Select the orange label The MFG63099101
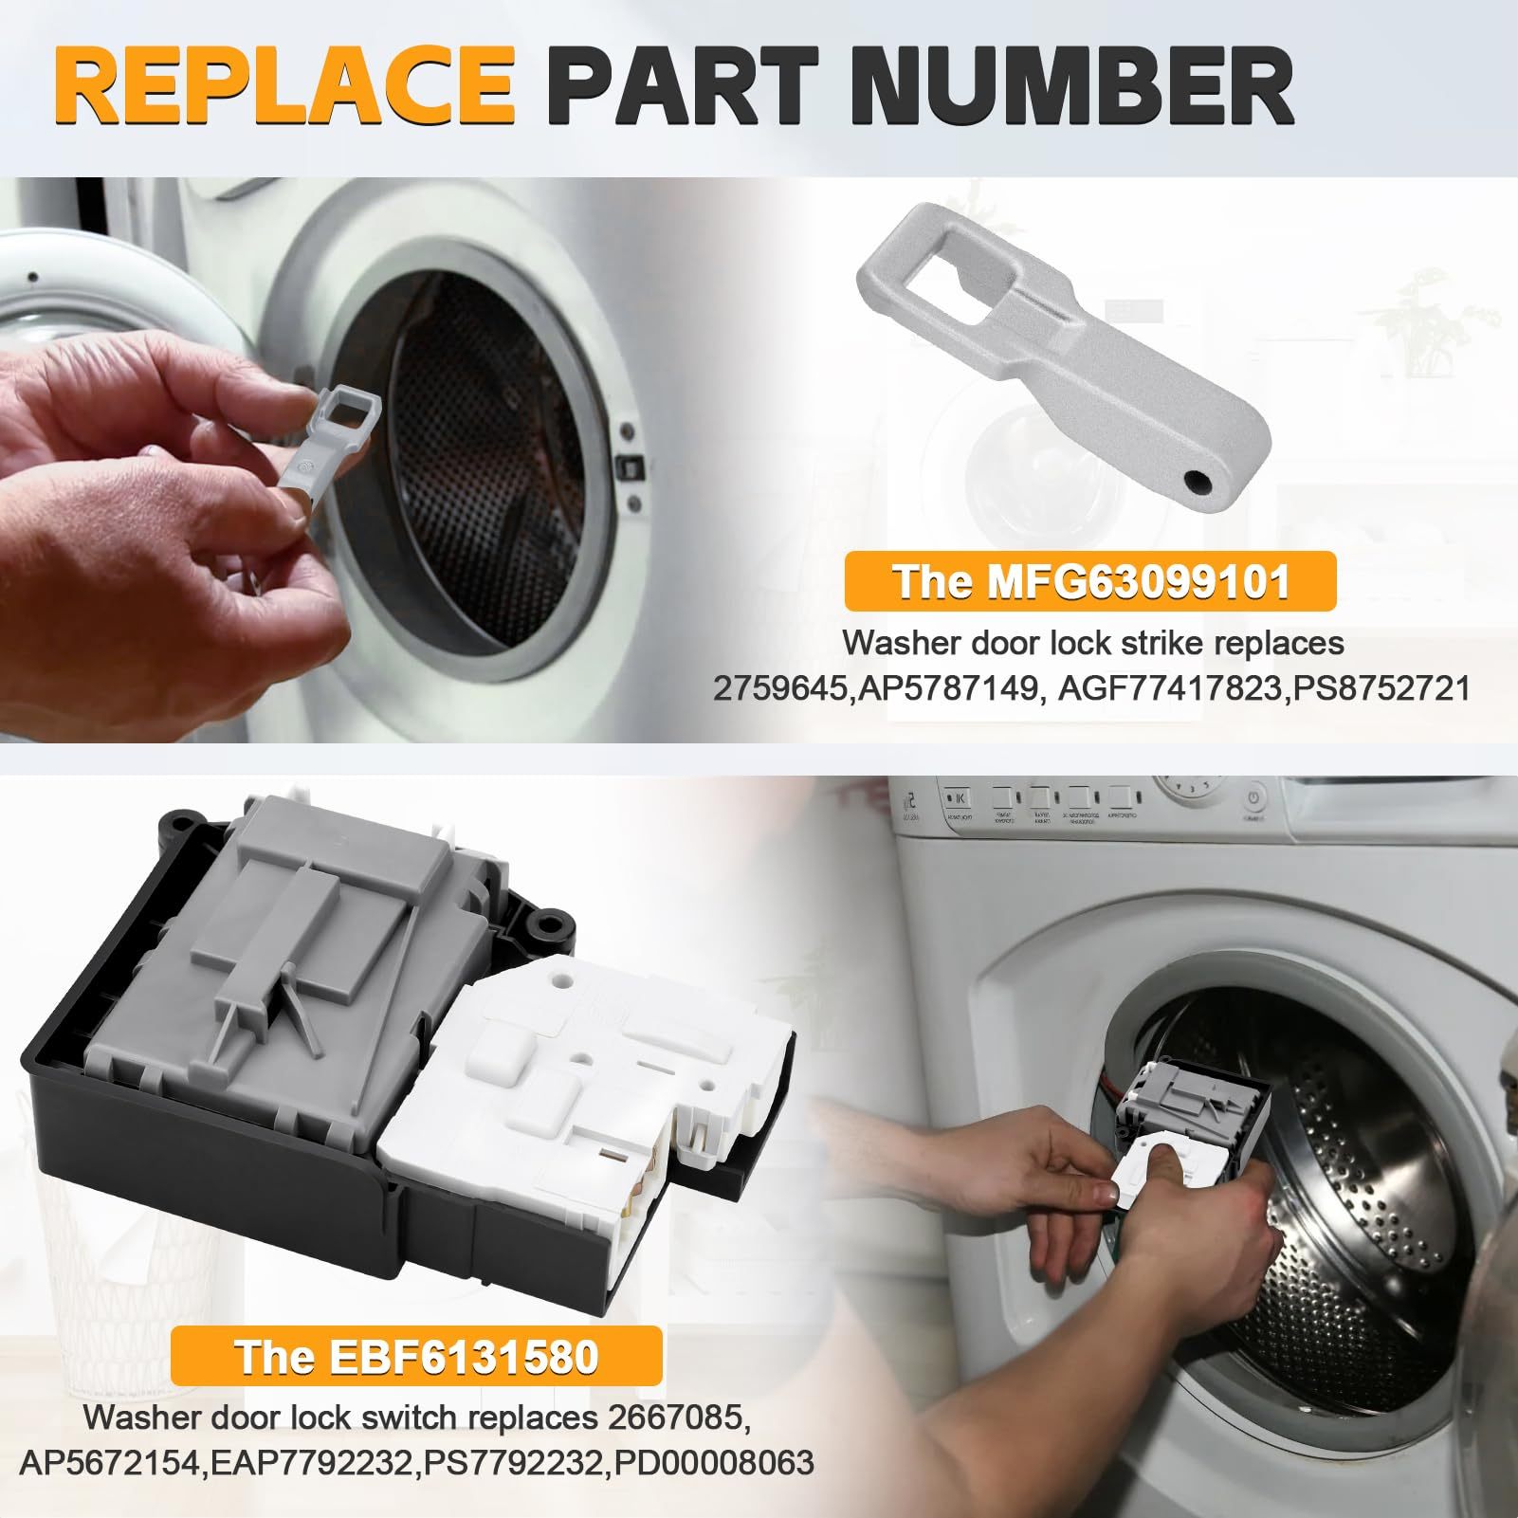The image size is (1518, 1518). tap(1089, 582)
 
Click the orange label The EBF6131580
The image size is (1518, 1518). tap(416, 1357)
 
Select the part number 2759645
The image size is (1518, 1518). tap(777, 687)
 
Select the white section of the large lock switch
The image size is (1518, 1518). tap(578, 1090)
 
